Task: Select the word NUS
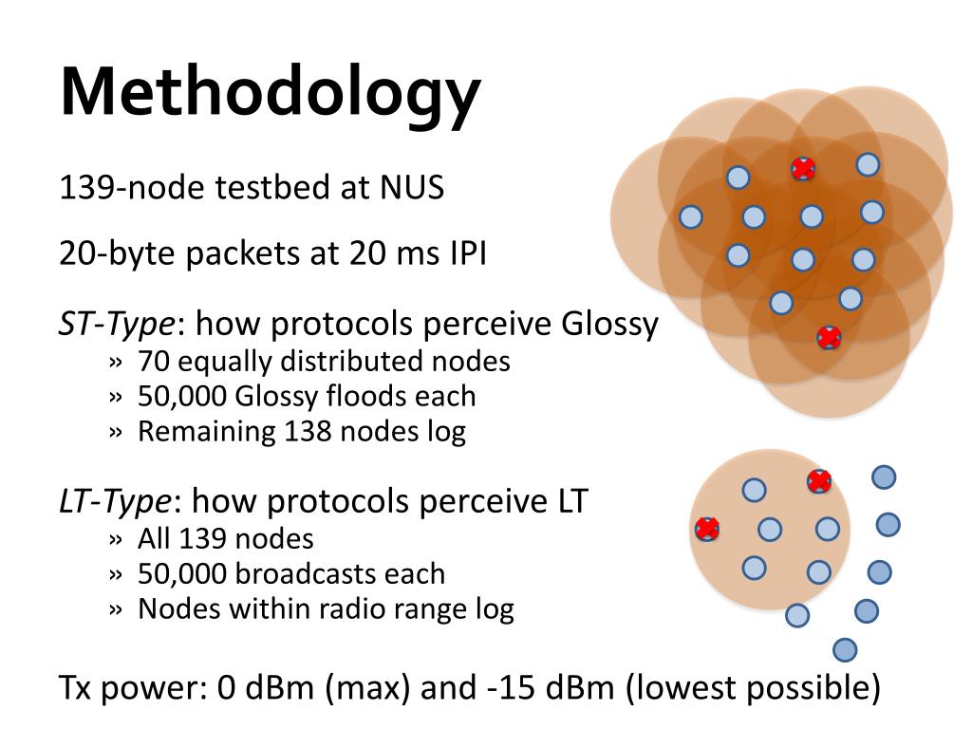pyautogui.click(x=413, y=187)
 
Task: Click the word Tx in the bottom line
pyautogui.click(x=78, y=686)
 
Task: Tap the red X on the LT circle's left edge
pyautogui.click(x=706, y=529)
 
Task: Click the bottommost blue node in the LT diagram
pyautogui.click(x=845, y=650)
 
